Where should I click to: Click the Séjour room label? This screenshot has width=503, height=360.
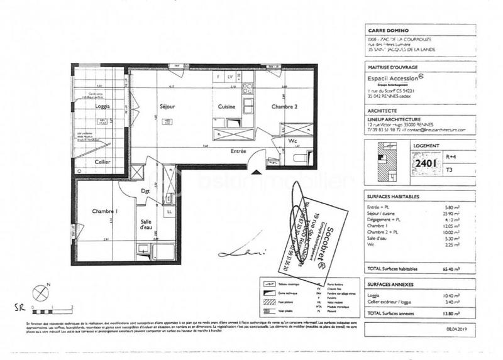167,107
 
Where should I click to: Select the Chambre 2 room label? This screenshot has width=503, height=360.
285,107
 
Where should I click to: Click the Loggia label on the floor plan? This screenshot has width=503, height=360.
102,106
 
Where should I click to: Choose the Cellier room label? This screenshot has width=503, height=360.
102,161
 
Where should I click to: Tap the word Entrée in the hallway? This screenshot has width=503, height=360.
238,151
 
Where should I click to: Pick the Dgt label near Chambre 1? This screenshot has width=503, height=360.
144,191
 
